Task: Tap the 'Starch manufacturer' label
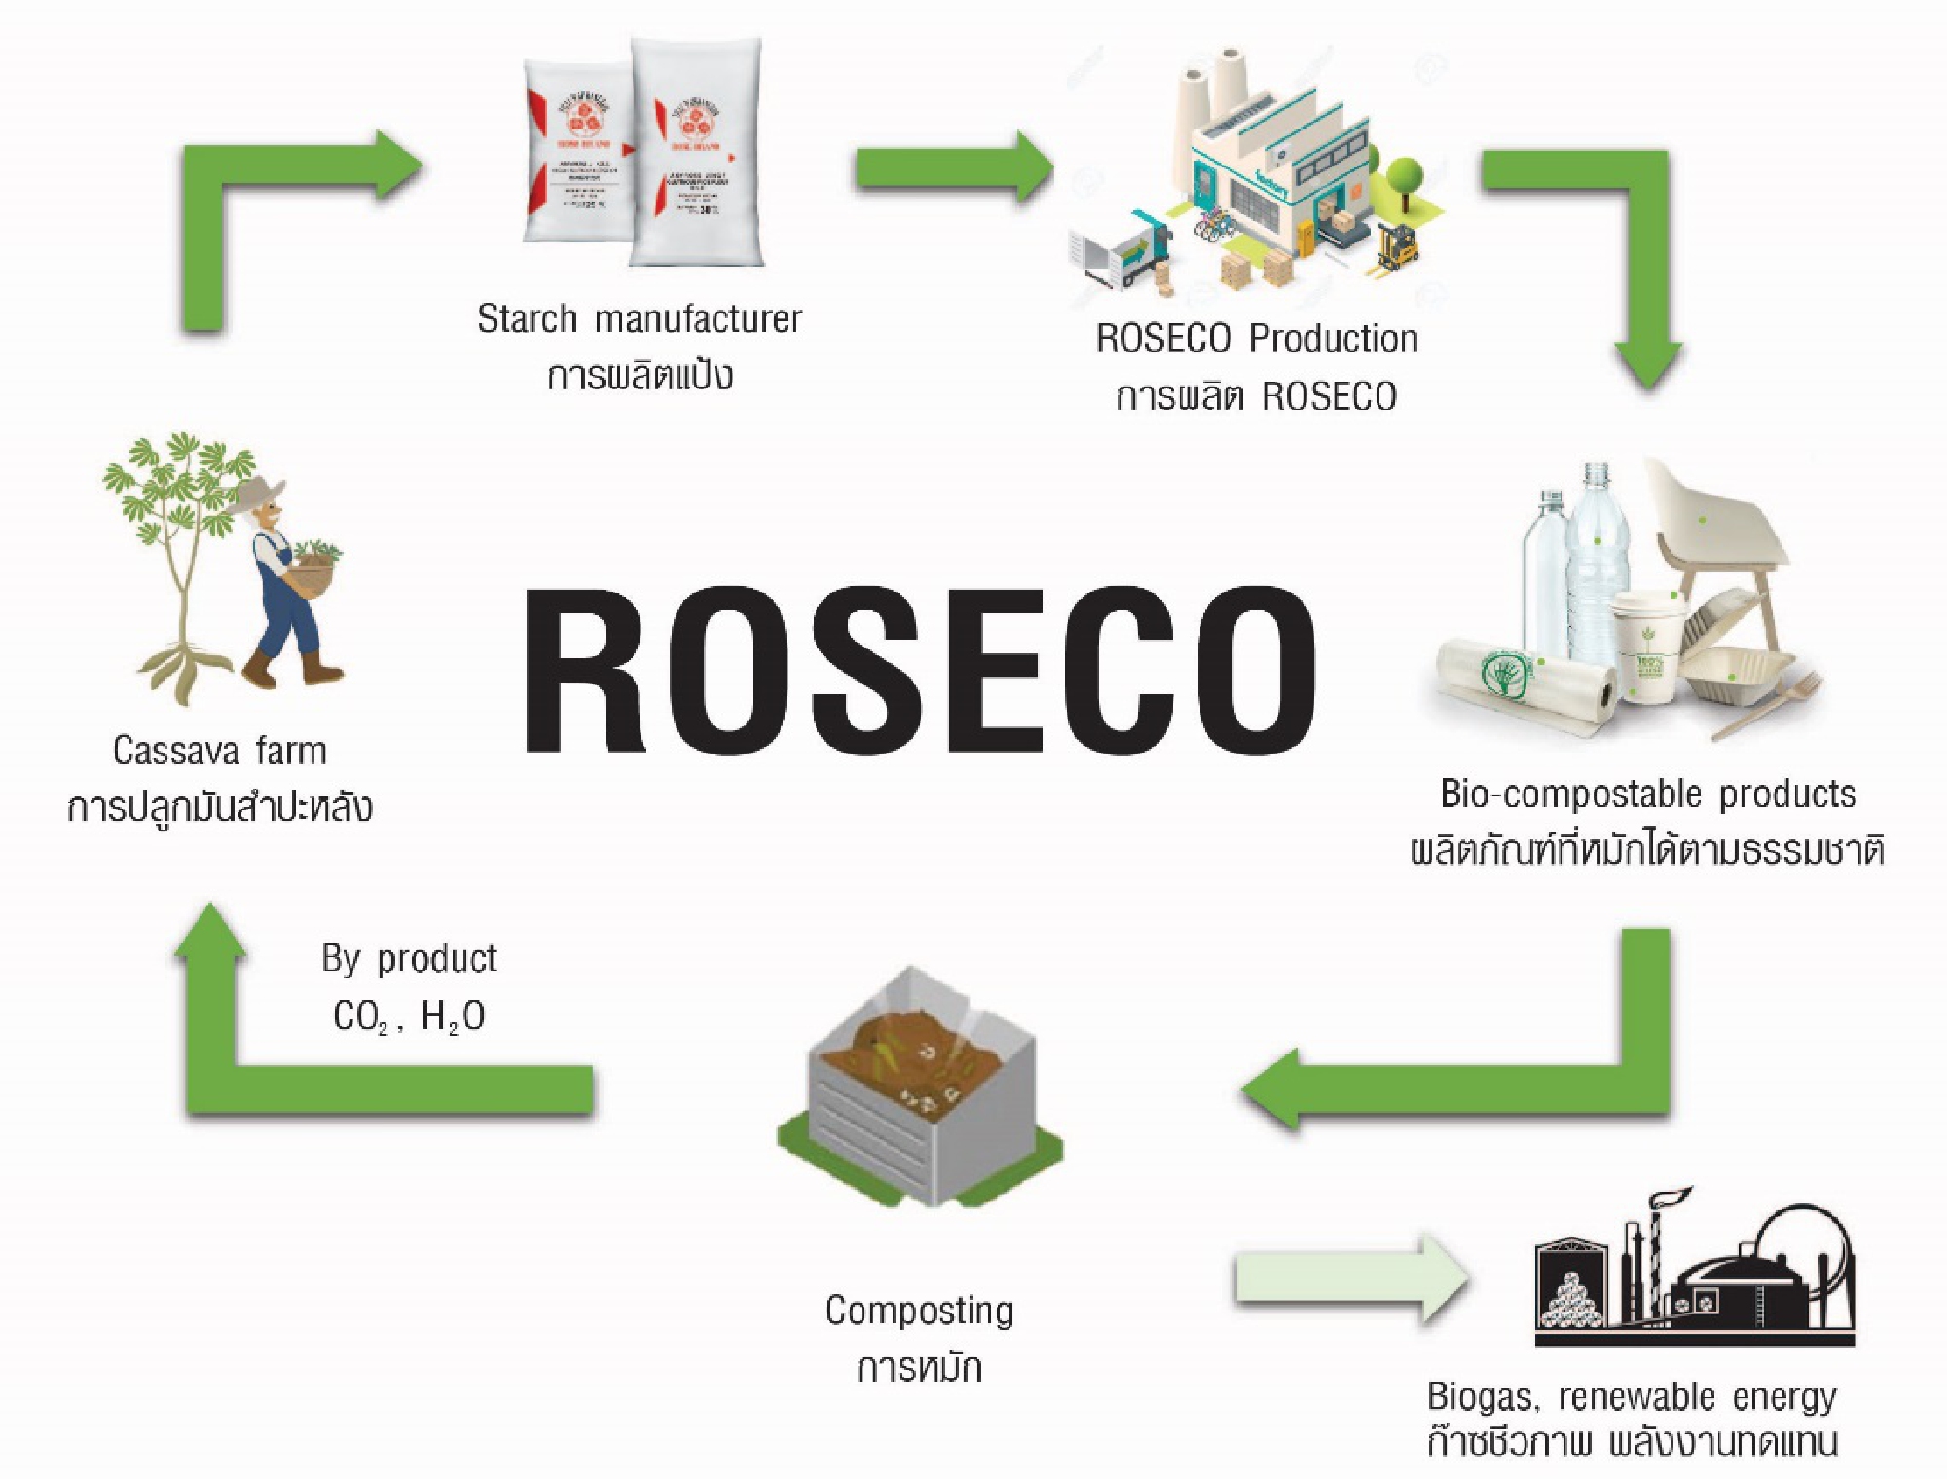tap(639, 319)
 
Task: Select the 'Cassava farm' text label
tap(220, 751)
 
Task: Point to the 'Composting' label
tap(919, 1311)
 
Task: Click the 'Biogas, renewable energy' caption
tap(1632, 1396)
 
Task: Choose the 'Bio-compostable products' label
tap(1647, 795)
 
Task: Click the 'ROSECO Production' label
tap(1256, 339)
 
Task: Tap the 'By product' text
tap(409, 959)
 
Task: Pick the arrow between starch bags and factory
tap(954, 167)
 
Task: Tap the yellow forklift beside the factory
tap(1398, 245)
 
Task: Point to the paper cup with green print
tap(1645, 647)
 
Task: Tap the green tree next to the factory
tap(1406, 180)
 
